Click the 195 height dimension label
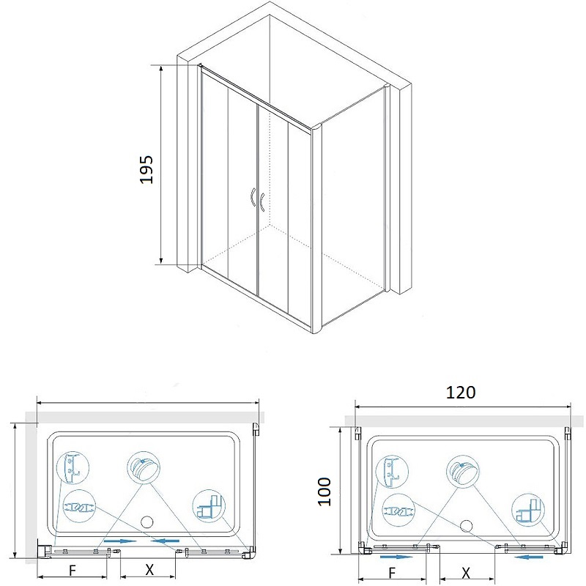pos(146,169)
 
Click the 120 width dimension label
pos(461,392)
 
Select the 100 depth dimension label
pos(324,492)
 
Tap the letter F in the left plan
pos(73,571)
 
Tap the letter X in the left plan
pos(149,570)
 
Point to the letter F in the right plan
pos(392,573)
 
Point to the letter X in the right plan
pos(466,573)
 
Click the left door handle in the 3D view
pos(253,197)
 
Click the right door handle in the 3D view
pos(262,202)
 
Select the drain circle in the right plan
pos(467,526)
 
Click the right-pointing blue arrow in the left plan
pos(120,541)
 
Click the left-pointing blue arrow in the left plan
pos(165,541)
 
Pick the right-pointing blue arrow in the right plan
pos(396,557)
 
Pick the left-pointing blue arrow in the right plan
pos(528,557)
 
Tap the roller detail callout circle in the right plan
pos(463,471)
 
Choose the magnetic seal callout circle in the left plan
pos(79,506)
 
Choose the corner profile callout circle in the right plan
pos(528,511)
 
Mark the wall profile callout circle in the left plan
pos(73,467)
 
